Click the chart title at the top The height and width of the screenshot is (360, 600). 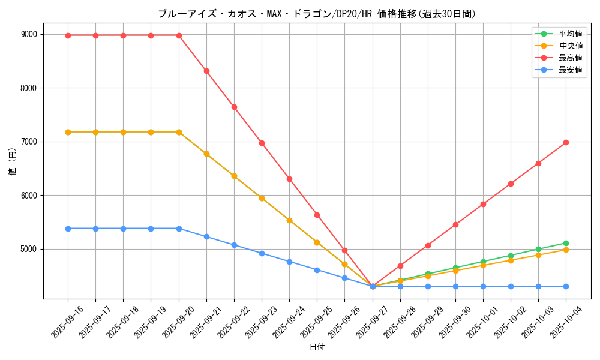[x=317, y=14]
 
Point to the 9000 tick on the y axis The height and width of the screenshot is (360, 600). [x=28, y=34]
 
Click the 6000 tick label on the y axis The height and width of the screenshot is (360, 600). [x=28, y=196]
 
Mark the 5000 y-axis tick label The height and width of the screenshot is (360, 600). [x=28, y=249]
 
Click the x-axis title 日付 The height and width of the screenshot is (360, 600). [x=317, y=347]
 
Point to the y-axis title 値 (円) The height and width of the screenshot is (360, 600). [x=13, y=162]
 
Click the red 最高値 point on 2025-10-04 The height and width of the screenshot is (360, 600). [x=566, y=142]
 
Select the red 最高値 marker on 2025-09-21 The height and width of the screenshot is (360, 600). [x=206, y=71]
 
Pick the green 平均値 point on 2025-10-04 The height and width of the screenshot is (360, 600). [x=566, y=243]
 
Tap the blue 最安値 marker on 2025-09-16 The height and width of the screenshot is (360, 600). [x=68, y=229]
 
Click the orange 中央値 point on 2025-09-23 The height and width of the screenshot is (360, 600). [x=262, y=198]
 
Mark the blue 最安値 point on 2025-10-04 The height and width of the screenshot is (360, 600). [x=566, y=286]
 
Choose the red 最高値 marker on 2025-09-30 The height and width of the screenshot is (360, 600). [x=455, y=224]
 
